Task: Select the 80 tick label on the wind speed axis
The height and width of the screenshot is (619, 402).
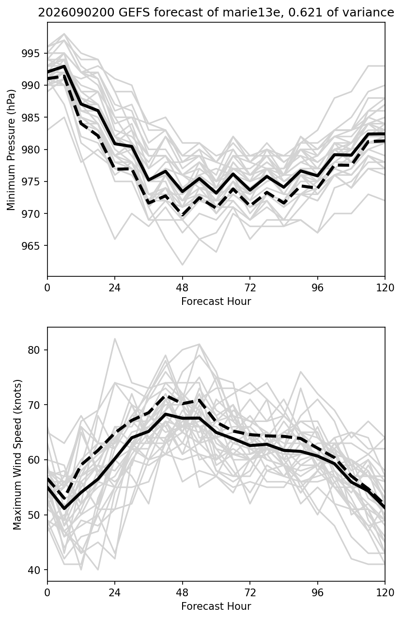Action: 34,350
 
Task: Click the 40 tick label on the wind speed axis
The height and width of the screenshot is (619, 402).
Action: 34,570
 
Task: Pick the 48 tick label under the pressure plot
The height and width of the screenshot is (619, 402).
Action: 182,288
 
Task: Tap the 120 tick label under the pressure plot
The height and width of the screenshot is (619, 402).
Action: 385,288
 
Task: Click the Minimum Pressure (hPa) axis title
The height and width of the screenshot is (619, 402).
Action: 11,150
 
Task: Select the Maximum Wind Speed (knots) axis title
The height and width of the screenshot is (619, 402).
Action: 17,455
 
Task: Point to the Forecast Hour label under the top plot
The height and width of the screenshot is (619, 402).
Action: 216,301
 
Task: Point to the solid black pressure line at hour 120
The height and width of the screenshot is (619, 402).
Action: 384,134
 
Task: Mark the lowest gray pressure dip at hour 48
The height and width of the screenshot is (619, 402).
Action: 182,264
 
